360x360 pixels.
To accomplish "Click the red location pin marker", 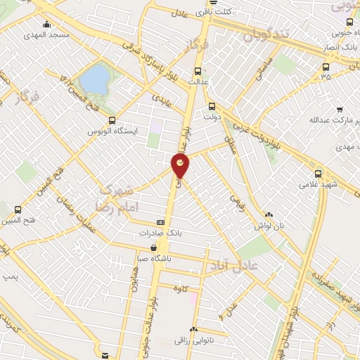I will (x=181, y=165).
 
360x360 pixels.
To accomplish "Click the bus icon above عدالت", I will (x=196, y=71).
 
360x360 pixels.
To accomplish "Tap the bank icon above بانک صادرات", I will (x=160, y=222).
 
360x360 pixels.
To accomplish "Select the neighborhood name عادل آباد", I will (x=233, y=263).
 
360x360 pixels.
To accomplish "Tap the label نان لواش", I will (x=267, y=226).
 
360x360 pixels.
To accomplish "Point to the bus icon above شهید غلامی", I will (x=318, y=174).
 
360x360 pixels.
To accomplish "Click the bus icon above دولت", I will (x=212, y=106).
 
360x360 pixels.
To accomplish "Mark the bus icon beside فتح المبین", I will (x=18, y=209).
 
